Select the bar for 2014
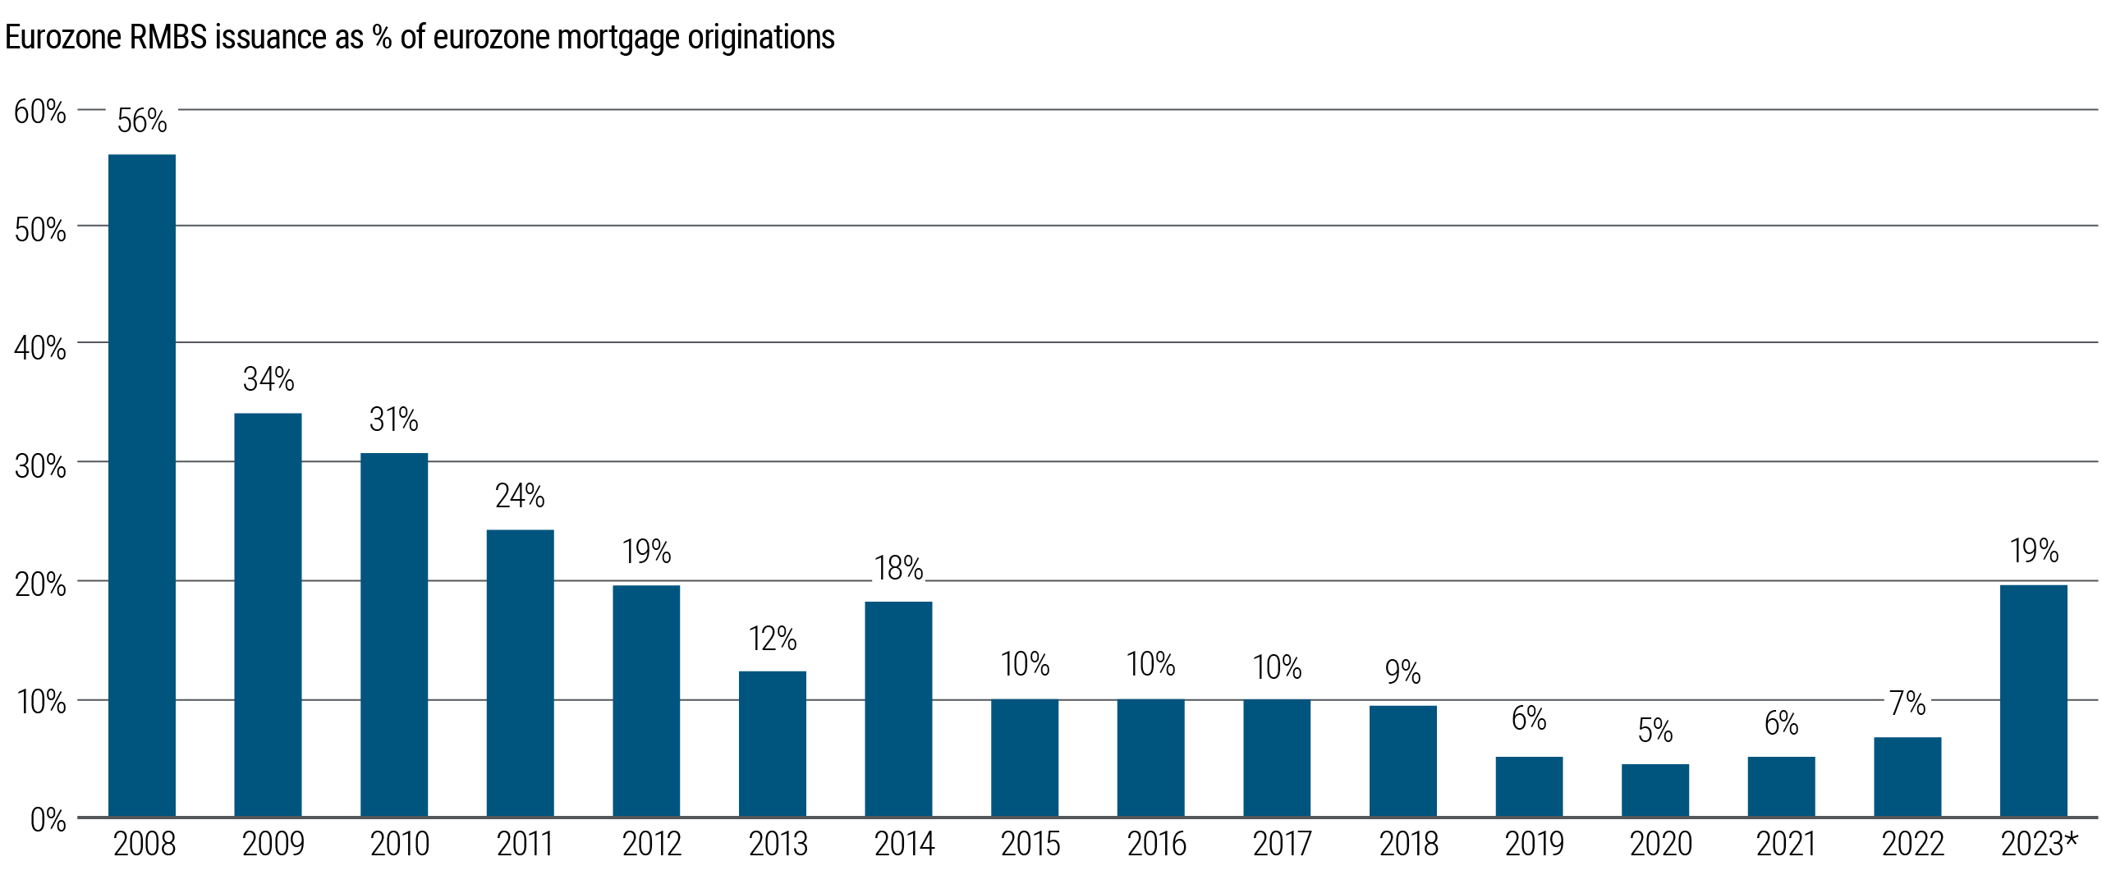pyautogui.click(x=898, y=708)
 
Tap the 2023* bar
pyautogui.click(x=2033, y=700)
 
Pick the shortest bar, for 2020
pyautogui.click(x=1655, y=790)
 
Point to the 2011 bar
pyautogui.click(x=520, y=672)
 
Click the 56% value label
pyautogui.click(x=142, y=121)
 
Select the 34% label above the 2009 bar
pyautogui.click(x=268, y=379)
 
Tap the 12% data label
pyautogui.click(x=773, y=639)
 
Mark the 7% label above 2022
pyautogui.click(x=1907, y=703)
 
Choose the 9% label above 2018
pyautogui.click(x=1402, y=672)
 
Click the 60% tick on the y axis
pyautogui.click(x=40, y=112)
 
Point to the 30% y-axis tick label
pyautogui.click(x=40, y=466)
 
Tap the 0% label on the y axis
pyautogui.click(x=48, y=819)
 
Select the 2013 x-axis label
pyautogui.click(x=778, y=844)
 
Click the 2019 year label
pyautogui.click(x=1534, y=844)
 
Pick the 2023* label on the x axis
pyautogui.click(x=2038, y=844)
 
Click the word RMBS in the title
pyautogui.click(x=169, y=38)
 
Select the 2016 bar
pyautogui.click(x=1150, y=758)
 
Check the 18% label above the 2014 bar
pyautogui.click(x=898, y=568)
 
